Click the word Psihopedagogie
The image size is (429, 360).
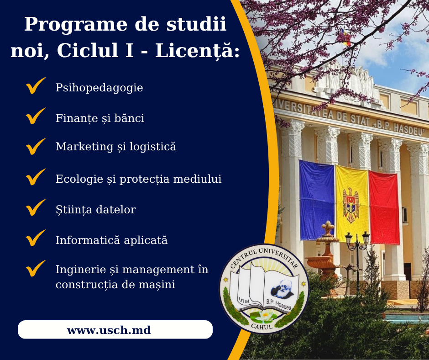99,88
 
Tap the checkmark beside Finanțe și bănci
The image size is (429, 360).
36,116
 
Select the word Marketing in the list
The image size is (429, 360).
84,147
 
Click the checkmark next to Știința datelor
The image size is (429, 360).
36,207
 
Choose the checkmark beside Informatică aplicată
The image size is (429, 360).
36,238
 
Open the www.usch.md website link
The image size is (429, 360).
109,330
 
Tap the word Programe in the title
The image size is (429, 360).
76,25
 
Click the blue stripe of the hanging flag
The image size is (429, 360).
317,200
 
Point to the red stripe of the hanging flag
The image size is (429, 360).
384,207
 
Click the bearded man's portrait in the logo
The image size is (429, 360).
282,289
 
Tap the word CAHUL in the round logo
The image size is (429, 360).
262,326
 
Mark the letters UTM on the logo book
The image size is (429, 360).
244,300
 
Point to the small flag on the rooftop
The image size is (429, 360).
345,37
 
